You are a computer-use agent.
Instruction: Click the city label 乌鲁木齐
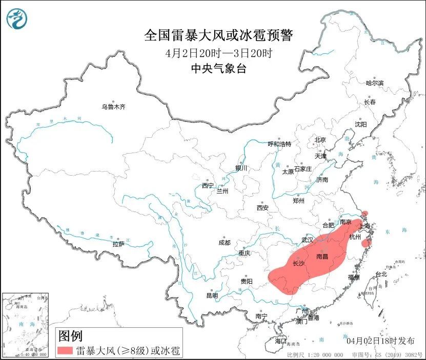coord(113,107)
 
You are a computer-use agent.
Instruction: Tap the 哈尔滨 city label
coord(374,82)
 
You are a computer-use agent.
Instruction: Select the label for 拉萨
coord(118,244)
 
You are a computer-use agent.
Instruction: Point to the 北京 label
coord(320,140)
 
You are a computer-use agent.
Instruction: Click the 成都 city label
coord(224,242)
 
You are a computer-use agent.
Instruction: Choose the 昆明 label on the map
coord(212,295)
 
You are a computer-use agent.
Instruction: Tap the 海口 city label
coord(280,341)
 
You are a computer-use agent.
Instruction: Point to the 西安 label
coord(262,207)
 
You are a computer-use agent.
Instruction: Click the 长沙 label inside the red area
coord(298,264)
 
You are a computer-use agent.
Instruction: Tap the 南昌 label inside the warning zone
coord(322,256)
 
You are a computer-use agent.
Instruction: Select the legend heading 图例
coord(70,336)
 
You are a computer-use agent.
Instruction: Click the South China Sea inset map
coord(26,324)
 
